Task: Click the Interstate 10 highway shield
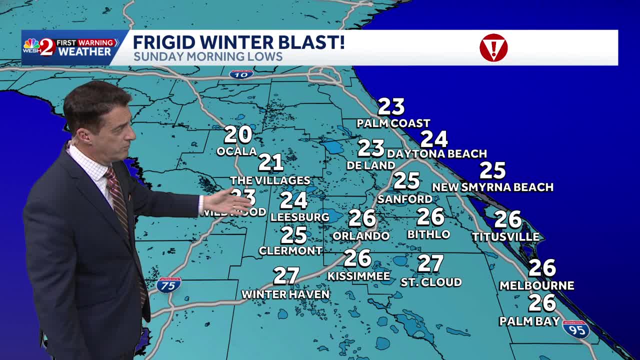tap(241, 74)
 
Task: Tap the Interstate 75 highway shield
tap(168, 285)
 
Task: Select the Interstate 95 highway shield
tap(576, 329)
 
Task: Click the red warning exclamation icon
tap(493, 48)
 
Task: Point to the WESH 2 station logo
tap(39, 46)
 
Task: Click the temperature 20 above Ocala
tap(237, 134)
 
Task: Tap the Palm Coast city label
tap(393, 123)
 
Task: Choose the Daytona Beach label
tap(436, 153)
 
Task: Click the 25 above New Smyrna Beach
tap(492, 170)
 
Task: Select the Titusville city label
tap(505, 236)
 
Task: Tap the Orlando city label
tap(360, 235)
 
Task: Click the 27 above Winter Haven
tap(286, 276)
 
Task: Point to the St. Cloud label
tap(431, 282)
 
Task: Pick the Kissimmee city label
tap(358, 276)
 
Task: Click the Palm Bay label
tap(529, 321)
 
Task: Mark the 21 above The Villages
tap(270, 162)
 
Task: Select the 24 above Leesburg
tap(293, 200)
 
